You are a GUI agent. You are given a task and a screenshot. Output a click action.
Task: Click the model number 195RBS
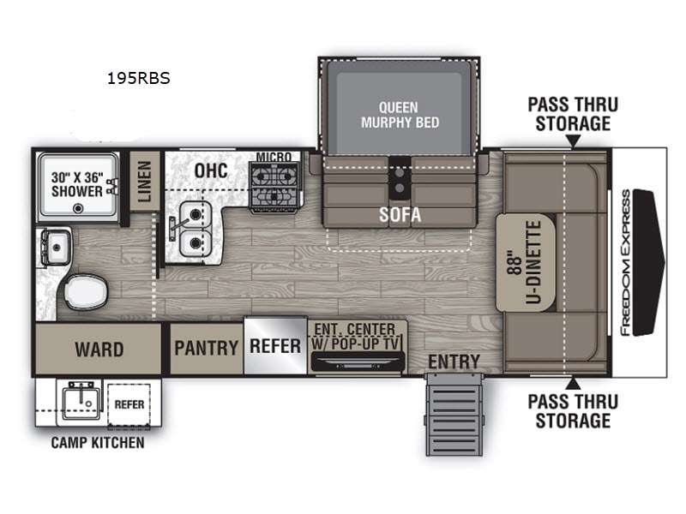pos(139,78)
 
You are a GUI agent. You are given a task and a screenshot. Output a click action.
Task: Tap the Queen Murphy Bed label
pos(400,115)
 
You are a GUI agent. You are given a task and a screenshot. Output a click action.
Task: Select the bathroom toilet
pos(85,291)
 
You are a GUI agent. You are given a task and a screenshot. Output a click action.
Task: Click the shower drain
pos(78,208)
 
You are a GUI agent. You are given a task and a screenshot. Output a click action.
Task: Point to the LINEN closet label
pos(145,182)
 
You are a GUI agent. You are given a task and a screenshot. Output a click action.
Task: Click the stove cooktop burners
pos(274,183)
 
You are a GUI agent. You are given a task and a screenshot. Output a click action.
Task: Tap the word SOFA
pos(400,215)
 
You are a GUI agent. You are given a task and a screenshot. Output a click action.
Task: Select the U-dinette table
pos(525,262)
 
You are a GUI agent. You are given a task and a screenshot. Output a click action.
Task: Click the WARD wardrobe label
pos(99,350)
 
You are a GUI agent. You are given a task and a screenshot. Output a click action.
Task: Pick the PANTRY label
pos(206,349)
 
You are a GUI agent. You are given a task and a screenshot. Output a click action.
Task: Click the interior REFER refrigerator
pos(275,346)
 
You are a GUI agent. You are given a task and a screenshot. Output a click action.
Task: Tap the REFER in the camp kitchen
pos(129,404)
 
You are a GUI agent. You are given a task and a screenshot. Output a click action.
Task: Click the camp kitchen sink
pos(80,401)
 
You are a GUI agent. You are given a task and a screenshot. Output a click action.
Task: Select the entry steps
pos(454,415)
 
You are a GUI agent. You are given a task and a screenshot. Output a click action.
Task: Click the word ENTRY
pos(454,362)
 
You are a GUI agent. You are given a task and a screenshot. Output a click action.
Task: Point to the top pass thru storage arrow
pos(573,140)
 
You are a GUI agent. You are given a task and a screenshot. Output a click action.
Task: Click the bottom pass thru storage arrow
pos(573,384)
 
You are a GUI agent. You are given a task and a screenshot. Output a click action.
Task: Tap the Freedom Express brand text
pos(626,263)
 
